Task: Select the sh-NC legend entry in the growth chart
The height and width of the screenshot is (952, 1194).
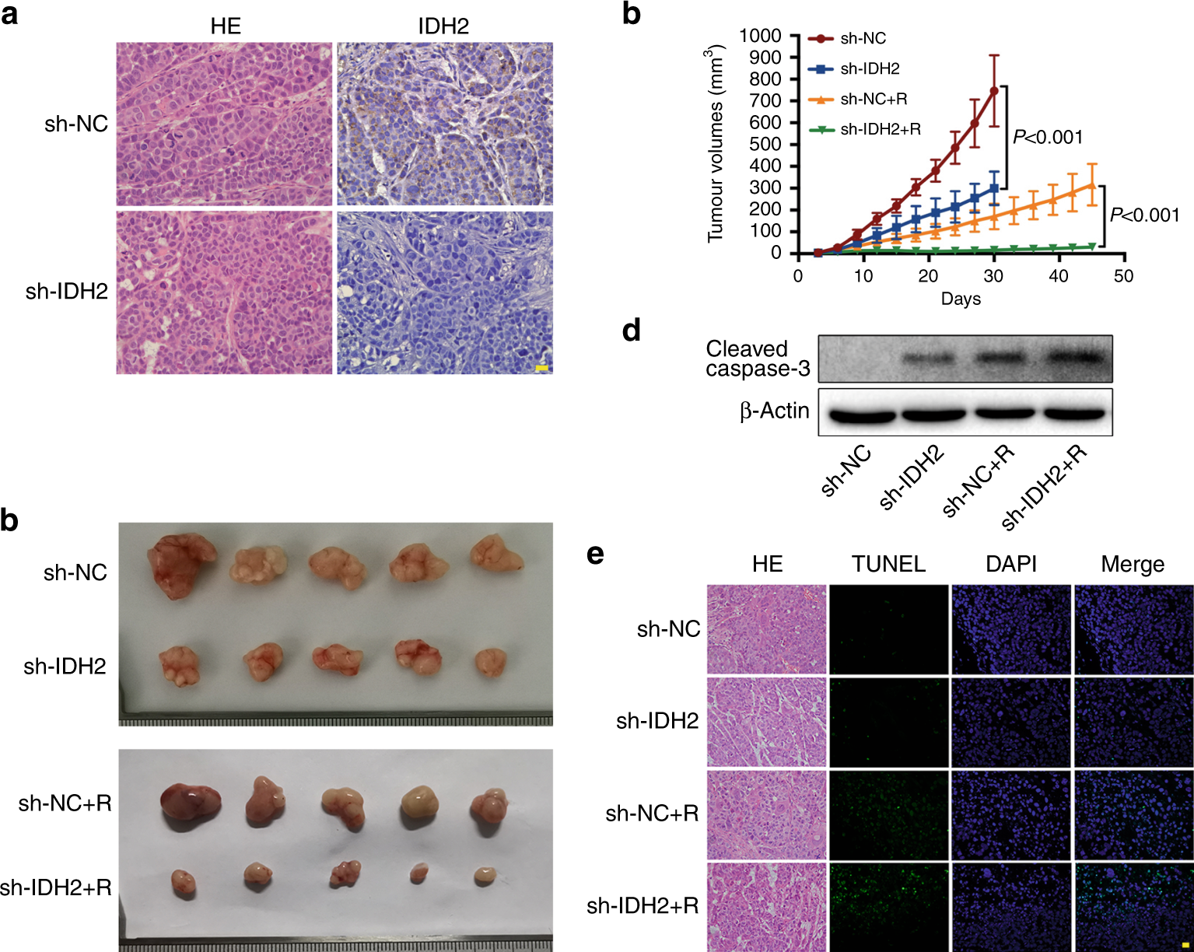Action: click(863, 39)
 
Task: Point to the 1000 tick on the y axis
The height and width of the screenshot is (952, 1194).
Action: click(760, 36)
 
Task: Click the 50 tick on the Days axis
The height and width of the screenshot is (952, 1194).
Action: click(1123, 275)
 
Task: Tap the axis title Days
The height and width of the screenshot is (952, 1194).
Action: click(961, 299)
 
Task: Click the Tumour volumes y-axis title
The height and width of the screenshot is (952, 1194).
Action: click(715, 145)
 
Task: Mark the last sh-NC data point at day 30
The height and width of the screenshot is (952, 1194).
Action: click(994, 91)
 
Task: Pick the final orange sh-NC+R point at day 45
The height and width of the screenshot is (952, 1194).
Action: click(1092, 186)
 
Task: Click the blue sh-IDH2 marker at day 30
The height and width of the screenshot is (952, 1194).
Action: click(994, 188)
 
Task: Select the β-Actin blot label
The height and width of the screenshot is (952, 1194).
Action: click(774, 411)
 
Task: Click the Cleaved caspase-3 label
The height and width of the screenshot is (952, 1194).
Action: click(757, 359)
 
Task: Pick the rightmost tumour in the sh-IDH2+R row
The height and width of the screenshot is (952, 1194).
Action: click(485, 875)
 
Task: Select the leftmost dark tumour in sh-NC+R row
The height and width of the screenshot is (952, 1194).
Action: click(190, 804)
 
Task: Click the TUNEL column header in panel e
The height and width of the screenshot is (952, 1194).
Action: click(888, 564)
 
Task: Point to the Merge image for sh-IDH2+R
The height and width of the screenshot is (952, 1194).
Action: click(1133, 906)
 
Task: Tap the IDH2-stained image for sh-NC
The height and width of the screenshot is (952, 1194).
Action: click(444, 124)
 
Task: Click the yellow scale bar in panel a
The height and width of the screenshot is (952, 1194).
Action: click(542, 367)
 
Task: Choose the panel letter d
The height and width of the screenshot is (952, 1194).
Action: click(632, 331)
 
